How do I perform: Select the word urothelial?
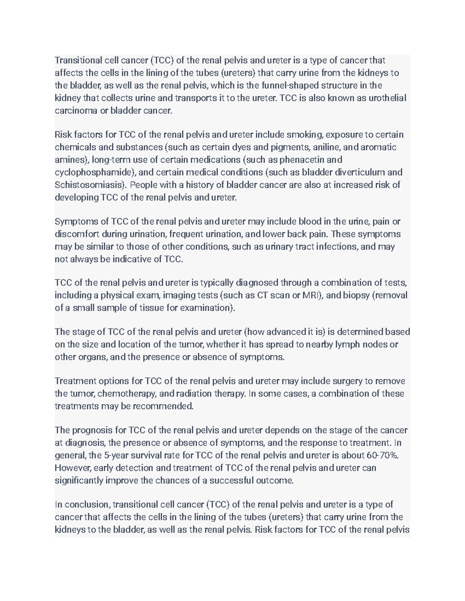pyautogui.click(x=386, y=98)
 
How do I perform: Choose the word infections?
pyautogui.click(x=336, y=247)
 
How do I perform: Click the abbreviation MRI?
pyautogui.click(x=312, y=295)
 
